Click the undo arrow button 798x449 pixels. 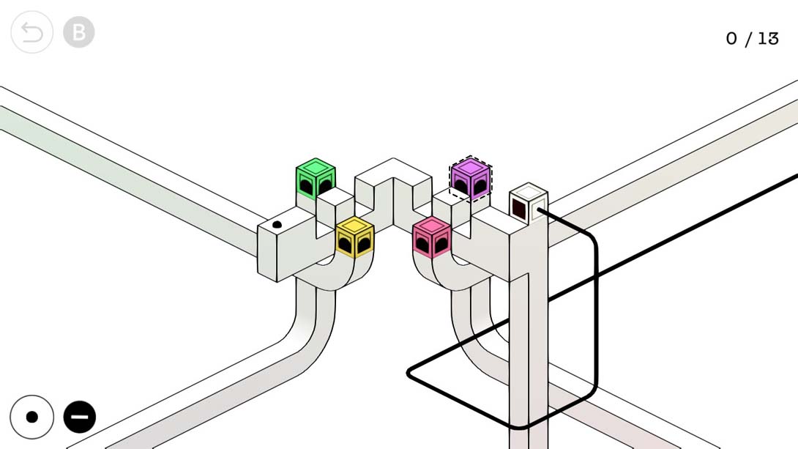[x=31, y=32]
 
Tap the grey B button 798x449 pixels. [x=79, y=32]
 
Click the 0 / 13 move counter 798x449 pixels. [x=752, y=39]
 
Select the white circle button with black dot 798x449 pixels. [x=32, y=417]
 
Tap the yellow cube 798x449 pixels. [x=355, y=237]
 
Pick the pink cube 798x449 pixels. [x=431, y=237]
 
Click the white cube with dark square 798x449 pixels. [x=529, y=203]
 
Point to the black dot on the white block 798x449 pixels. [x=277, y=224]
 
